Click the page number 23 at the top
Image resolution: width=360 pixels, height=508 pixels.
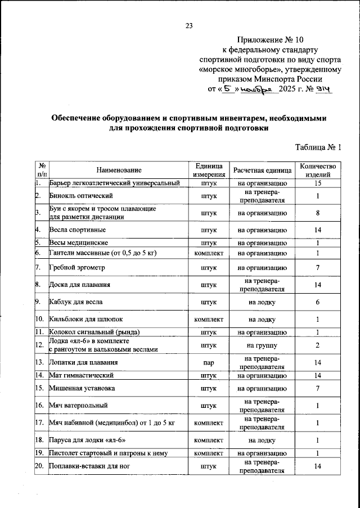point(189,25)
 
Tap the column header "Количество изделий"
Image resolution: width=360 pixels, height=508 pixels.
point(318,170)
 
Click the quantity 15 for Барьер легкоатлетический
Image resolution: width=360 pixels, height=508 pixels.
point(318,183)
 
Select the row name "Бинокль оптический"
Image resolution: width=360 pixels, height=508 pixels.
point(82,196)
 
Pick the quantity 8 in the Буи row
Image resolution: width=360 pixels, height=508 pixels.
point(318,213)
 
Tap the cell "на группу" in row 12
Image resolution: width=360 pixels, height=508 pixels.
point(262,345)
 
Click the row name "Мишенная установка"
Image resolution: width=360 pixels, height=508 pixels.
point(82,388)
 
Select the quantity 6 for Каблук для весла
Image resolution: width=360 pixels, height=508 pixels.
point(318,302)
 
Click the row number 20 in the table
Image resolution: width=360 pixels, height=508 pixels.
point(40,466)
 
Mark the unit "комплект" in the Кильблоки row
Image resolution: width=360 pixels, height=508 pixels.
point(209,320)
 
